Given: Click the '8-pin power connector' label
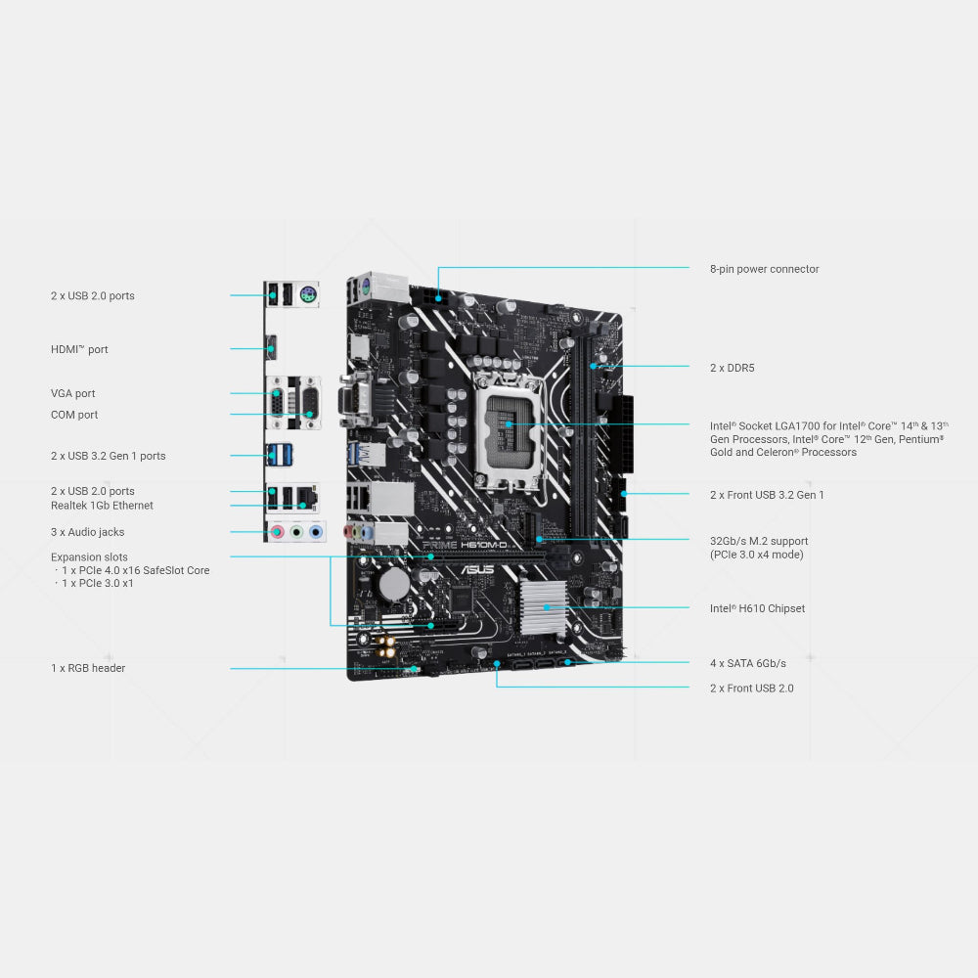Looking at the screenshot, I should click(x=764, y=269).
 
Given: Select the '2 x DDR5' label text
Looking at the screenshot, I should click(x=732, y=368).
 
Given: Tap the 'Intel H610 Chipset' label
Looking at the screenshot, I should click(x=757, y=608).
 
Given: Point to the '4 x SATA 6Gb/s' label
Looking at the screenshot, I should click(x=747, y=663).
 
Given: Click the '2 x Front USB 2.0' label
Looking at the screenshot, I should click(x=751, y=689).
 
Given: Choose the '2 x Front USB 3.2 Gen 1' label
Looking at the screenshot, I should click(x=767, y=495).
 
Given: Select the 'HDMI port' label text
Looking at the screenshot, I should click(x=79, y=349).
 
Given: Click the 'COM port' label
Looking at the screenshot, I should click(x=74, y=415).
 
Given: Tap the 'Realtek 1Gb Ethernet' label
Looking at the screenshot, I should click(x=102, y=506).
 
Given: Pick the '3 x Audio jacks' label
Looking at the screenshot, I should click(x=87, y=532).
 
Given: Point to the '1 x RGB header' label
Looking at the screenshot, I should click(x=88, y=668).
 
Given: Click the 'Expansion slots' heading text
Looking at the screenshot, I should click(x=89, y=557).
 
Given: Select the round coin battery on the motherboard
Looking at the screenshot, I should click(x=394, y=584).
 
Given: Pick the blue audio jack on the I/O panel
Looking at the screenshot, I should click(x=315, y=532).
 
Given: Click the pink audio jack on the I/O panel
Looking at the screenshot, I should click(x=278, y=532).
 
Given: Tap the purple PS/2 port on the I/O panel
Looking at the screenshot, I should click(x=307, y=291).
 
